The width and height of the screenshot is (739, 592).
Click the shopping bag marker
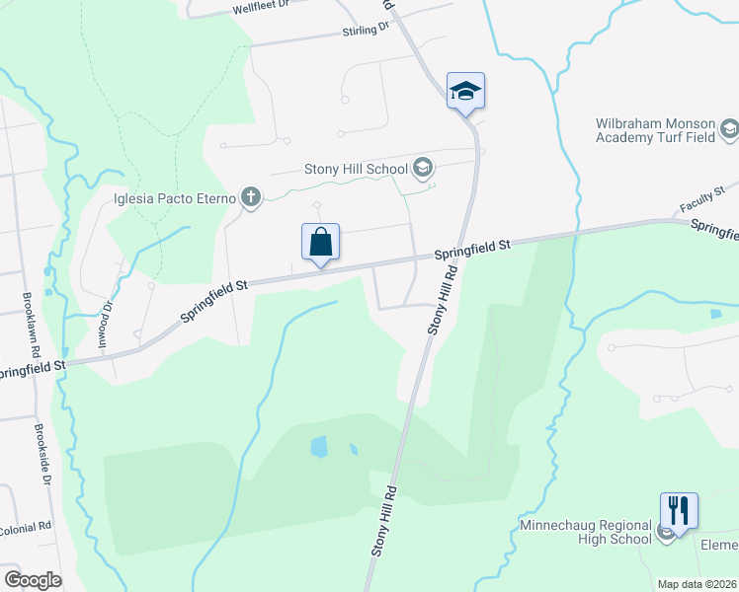320,242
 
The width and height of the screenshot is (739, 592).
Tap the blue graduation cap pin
465,92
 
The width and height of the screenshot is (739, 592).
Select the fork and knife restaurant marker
679,510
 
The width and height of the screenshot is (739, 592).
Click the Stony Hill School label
356,169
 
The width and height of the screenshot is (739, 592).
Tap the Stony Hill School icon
423,168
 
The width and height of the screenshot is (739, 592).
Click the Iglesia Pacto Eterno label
174,197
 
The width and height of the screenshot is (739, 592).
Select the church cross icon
251,197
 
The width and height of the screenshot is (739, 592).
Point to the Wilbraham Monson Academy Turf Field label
655,131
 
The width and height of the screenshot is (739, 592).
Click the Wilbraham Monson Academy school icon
729,129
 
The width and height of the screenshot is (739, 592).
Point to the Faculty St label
701,199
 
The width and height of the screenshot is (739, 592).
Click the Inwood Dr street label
105,327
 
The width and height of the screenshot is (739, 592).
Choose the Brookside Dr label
41,454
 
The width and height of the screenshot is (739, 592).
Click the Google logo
33,579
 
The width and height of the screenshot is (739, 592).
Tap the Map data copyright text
696,584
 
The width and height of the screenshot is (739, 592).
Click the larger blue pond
318,447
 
